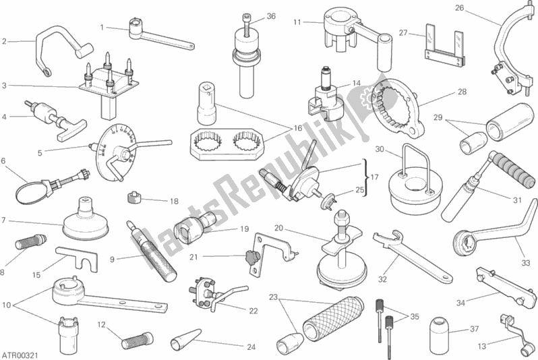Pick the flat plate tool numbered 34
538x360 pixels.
[x=500, y=283]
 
